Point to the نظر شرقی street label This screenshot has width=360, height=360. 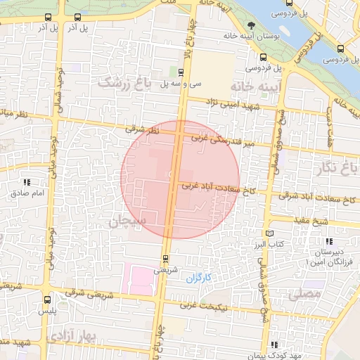point(143,129)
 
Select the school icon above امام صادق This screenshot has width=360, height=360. point(27,182)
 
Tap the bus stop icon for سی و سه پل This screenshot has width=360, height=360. point(181,72)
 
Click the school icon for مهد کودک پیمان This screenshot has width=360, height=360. point(274,345)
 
